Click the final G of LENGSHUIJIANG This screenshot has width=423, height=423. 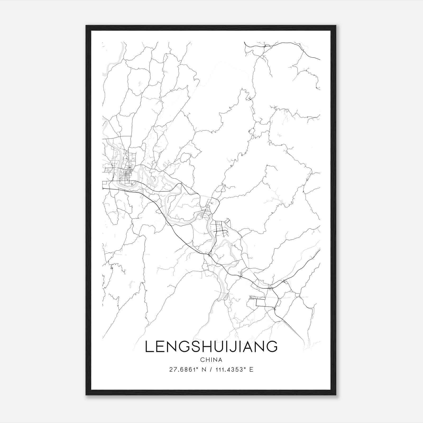[x=272, y=347]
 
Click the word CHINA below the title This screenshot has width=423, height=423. [x=211, y=360]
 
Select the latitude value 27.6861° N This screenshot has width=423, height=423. [x=187, y=370]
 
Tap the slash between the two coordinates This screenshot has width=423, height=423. [x=210, y=370]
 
